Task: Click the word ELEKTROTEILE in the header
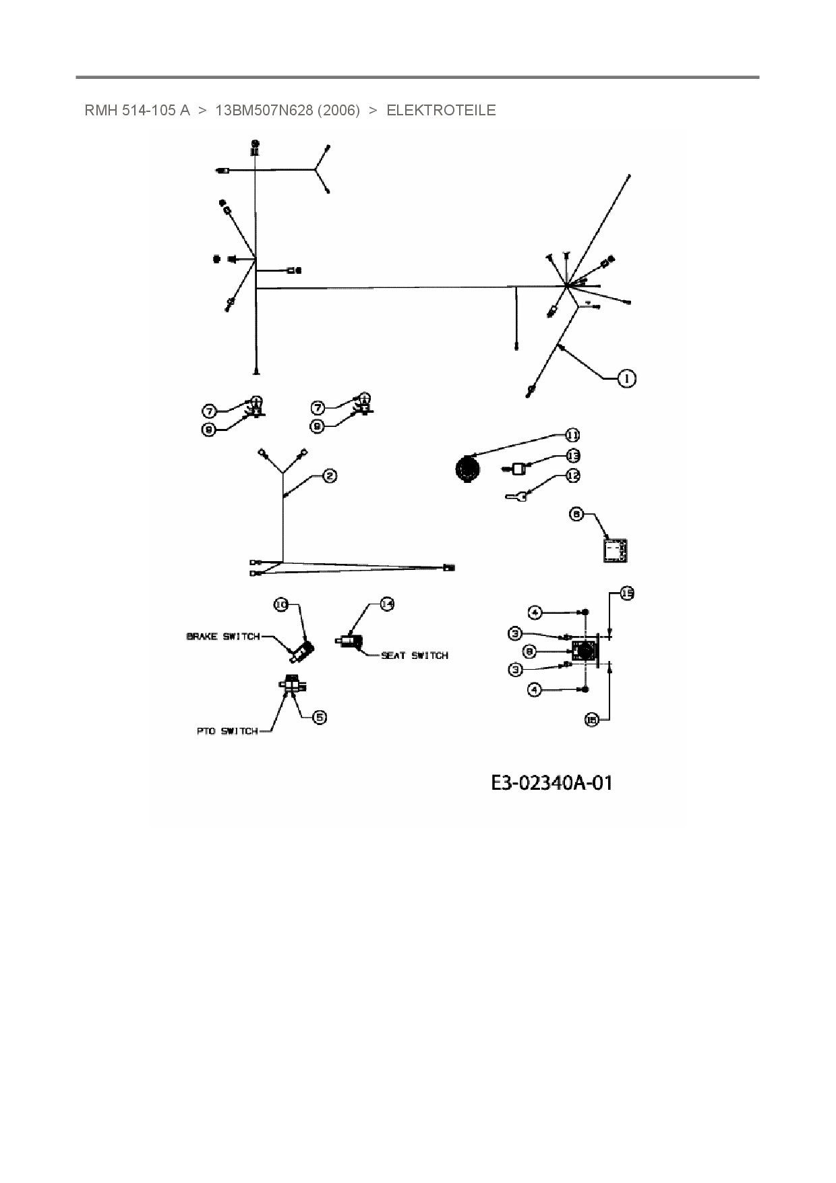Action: [441, 110]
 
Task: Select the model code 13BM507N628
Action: [264, 110]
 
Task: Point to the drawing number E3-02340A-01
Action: [551, 782]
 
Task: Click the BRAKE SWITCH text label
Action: [222, 637]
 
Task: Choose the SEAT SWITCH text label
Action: [414, 655]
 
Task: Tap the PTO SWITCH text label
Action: [227, 731]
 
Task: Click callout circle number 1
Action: [627, 378]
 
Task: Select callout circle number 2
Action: [330, 476]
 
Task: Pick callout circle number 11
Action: [572, 435]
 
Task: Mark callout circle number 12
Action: [572, 475]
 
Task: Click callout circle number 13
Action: [572, 455]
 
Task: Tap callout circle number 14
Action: [386, 604]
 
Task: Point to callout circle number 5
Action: [320, 717]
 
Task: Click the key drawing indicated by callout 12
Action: [516, 496]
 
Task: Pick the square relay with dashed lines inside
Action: [615, 550]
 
